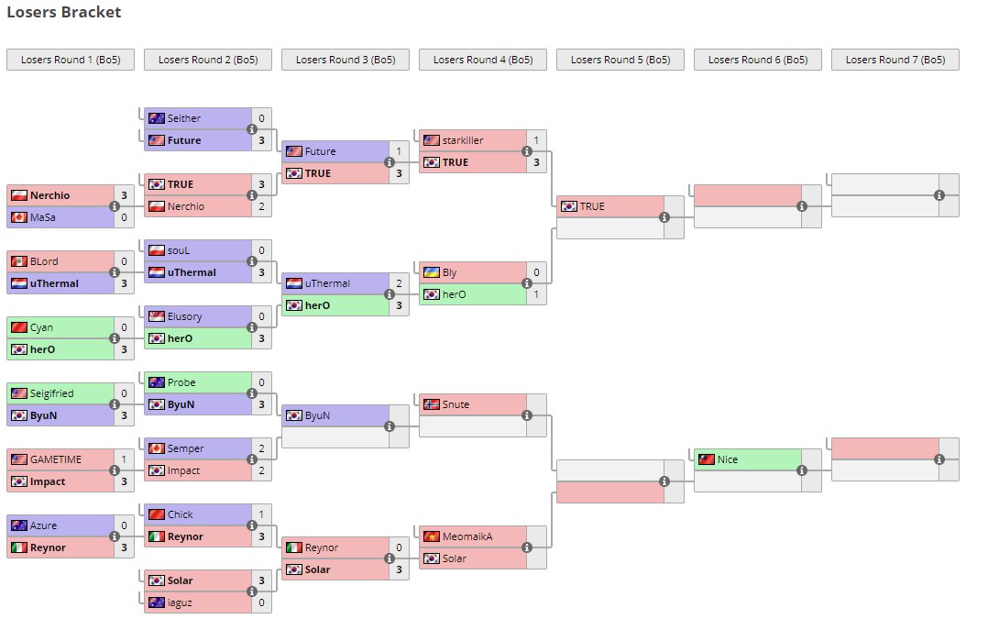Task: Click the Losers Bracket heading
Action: (63, 13)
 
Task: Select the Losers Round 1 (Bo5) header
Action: (71, 60)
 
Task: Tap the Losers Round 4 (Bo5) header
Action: (483, 60)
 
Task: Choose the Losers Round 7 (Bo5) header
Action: (895, 60)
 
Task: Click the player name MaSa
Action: (42, 217)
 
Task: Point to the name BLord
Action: (44, 261)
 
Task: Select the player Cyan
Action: (41, 327)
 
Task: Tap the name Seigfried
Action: (51, 393)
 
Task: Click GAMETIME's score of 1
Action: (124, 459)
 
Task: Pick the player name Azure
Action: (44, 525)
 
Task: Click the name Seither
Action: (183, 118)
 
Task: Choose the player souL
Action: (179, 250)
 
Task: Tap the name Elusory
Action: (184, 316)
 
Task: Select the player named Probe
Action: (181, 382)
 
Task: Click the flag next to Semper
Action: (156, 448)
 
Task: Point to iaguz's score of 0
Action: (261, 602)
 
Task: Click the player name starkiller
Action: (462, 140)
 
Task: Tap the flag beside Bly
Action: (431, 272)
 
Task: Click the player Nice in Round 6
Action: (728, 459)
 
